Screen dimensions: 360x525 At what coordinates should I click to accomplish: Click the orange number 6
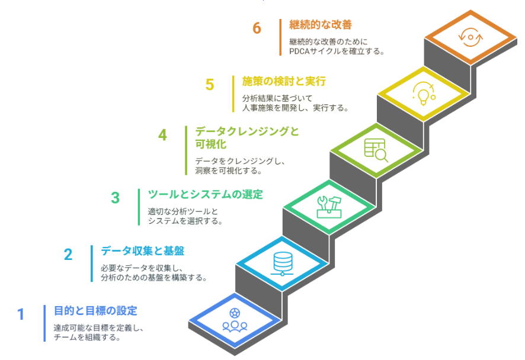[257, 28]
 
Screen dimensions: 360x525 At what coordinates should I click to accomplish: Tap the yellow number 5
[210, 85]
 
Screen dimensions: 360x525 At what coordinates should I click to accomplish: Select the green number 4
[162, 135]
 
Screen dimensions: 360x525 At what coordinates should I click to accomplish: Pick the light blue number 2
[68, 255]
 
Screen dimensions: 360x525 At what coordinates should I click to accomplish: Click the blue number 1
[21, 314]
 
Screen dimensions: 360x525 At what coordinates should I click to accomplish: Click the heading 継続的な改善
[321, 25]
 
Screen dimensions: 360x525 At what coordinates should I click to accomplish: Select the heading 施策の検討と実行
[284, 81]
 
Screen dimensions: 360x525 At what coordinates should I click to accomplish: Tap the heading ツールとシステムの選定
[205, 194]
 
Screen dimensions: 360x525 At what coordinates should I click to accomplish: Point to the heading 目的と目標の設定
[95, 310]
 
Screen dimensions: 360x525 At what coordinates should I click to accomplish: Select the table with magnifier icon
[376, 150]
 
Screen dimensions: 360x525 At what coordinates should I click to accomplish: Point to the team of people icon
[234, 320]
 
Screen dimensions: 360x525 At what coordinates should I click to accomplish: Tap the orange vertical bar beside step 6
[280, 37]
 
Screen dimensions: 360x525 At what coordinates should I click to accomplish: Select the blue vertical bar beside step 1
[44, 323]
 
